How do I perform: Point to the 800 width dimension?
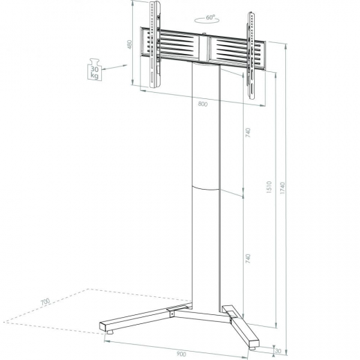pos(202,104)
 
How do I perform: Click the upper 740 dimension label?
pos(247,133)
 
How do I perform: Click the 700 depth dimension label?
pos(45,303)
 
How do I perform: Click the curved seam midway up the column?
pos(205,187)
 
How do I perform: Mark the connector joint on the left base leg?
pos(169,316)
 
